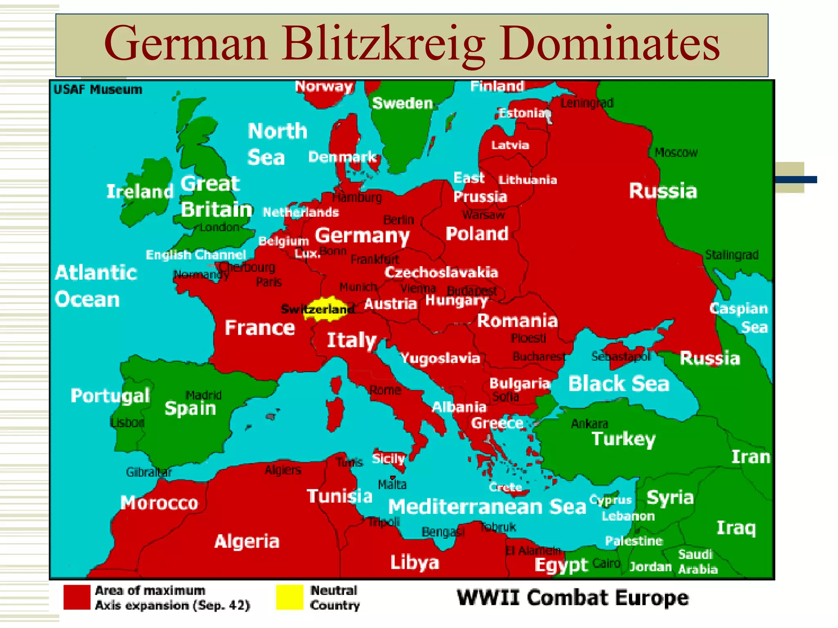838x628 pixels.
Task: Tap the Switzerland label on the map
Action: click(318, 309)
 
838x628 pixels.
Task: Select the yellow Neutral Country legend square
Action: click(289, 597)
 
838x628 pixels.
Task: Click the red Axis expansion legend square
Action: click(77, 597)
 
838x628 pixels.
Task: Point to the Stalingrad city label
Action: click(732, 255)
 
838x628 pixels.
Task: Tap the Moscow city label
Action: click(676, 153)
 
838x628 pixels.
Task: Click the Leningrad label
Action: click(587, 103)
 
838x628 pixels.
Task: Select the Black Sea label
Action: click(619, 384)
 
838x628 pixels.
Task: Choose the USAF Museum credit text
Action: click(98, 90)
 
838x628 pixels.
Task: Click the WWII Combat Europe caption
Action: click(572, 598)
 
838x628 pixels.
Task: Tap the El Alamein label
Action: click(533, 551)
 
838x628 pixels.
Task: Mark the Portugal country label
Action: click(110, 396)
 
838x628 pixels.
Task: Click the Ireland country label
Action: click(140, 191)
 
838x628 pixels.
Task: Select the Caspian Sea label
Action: click(739, 318)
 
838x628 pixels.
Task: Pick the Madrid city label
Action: click(203, 395)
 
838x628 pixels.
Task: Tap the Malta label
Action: click(392, 484)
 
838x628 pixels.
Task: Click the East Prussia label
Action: click(480, 187)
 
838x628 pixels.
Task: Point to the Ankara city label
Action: click(590, 424)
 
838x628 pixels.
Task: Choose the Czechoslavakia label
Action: click(441, 272)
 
